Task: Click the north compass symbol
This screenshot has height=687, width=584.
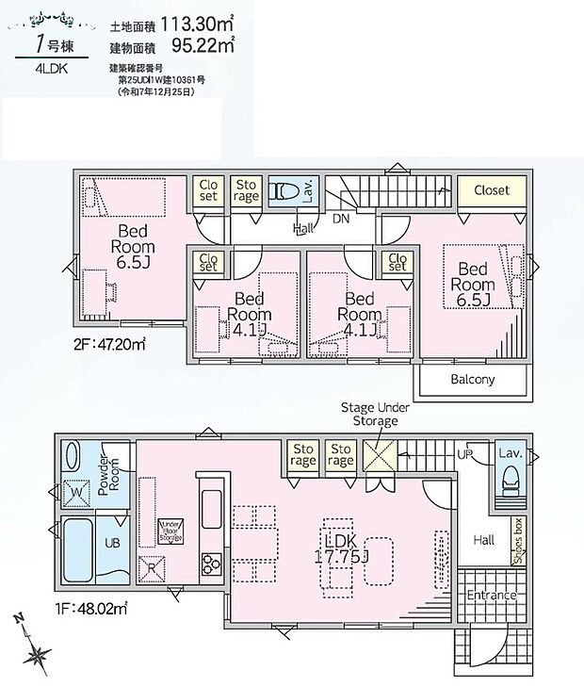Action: (x=35, y=651)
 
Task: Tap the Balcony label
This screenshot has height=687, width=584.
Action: (x=472, y=380)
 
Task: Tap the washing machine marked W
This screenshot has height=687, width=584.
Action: (x=76, y=492)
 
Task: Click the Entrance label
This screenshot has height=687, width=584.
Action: (x=491, y=596)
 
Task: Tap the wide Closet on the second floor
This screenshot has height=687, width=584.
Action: (x=491, y=190)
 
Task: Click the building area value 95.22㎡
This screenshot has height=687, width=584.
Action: (x=202, y=43)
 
